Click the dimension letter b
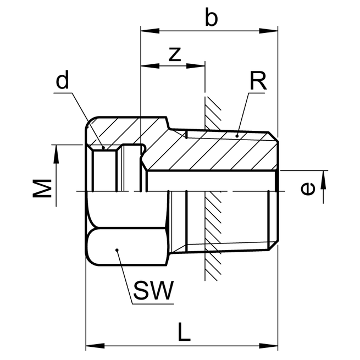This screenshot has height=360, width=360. (x=211, y=18)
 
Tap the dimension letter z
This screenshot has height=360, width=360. (x=175, y=54)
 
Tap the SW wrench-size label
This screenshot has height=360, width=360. (x=152, y=290)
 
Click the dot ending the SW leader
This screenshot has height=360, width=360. (x=117, y=251)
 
